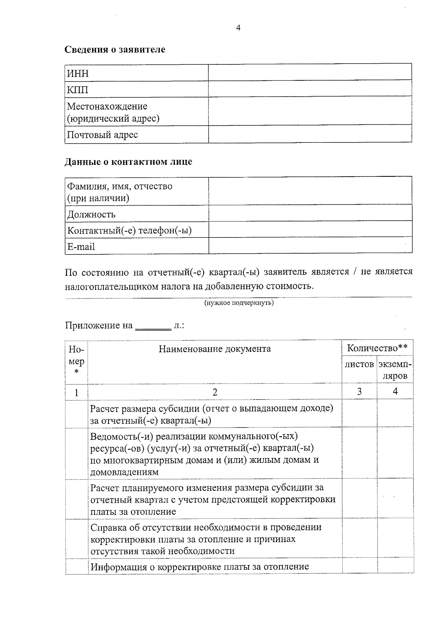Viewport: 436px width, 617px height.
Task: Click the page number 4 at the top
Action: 238,28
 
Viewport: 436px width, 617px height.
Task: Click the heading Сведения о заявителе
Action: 115,49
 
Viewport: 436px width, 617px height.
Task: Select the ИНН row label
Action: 78,74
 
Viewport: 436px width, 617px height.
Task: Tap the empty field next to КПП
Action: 310,89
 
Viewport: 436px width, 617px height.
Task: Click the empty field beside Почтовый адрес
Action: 310,134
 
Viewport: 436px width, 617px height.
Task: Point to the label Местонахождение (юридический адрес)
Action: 113,112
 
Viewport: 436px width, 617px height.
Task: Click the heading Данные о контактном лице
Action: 128,162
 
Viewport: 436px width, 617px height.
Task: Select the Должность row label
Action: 92,215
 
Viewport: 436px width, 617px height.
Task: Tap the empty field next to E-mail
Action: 310,246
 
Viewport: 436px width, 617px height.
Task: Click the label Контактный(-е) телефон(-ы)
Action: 130,231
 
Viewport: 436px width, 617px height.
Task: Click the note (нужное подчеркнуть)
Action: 239,303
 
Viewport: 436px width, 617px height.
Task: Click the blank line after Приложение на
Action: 153,326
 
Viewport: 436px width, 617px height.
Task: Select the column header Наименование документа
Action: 214,349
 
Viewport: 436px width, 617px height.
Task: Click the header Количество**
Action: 377,348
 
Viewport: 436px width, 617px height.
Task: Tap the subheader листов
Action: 359,364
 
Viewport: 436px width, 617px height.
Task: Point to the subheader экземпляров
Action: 395,370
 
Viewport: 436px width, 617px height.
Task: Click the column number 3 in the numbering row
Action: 359,392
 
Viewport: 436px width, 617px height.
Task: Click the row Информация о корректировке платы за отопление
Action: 199,566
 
